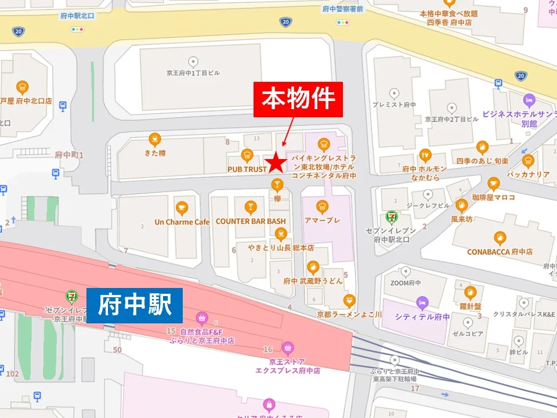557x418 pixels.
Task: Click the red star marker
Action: (276, 163)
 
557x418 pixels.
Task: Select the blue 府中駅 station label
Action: (135, 305)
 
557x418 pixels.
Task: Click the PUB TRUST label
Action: (247, 170)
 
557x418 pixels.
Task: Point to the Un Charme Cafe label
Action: (182, 222)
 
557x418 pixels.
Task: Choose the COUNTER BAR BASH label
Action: (251, 221)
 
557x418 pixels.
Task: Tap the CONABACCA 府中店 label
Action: (500, 252)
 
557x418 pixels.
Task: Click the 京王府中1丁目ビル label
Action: (193, 74)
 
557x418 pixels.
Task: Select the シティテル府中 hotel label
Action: (422, 317)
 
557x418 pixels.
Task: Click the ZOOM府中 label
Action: (404, 283)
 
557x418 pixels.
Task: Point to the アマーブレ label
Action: (322, 221)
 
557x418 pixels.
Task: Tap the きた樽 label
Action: (154, 154)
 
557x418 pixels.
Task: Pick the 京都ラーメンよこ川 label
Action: (349, 314)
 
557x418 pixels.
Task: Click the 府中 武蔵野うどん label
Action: (313, 281)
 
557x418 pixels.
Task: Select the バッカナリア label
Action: (527, 174)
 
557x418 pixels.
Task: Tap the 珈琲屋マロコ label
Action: (493, 197)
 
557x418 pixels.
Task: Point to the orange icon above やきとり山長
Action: (281, 234)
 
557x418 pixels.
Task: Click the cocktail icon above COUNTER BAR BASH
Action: (250, 207)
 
